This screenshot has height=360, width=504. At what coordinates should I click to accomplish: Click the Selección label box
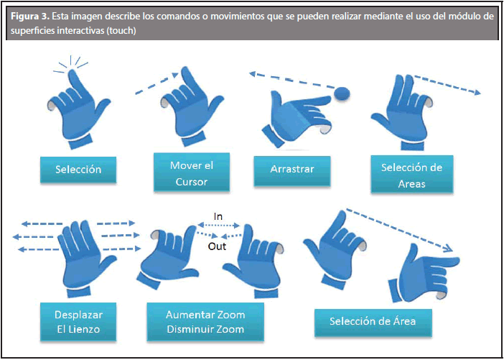click(x=78, y=170)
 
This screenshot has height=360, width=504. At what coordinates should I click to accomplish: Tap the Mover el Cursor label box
click(x=191, y=173)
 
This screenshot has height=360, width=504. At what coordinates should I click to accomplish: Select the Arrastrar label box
click(x=293, y=170)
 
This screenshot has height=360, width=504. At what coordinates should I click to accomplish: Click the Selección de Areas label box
click(x=412, y=175)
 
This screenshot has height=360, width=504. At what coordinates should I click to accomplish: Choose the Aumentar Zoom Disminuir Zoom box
click(x=205, y=322)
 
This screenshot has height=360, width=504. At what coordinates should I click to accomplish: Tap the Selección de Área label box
click(x=372, y=320)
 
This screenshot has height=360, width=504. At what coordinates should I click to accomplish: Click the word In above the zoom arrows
click(x=219, y=216)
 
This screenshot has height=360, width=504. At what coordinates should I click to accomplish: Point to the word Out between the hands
click(x=218, y=246)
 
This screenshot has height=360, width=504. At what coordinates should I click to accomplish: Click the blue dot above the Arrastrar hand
click(x=342, y=92)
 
